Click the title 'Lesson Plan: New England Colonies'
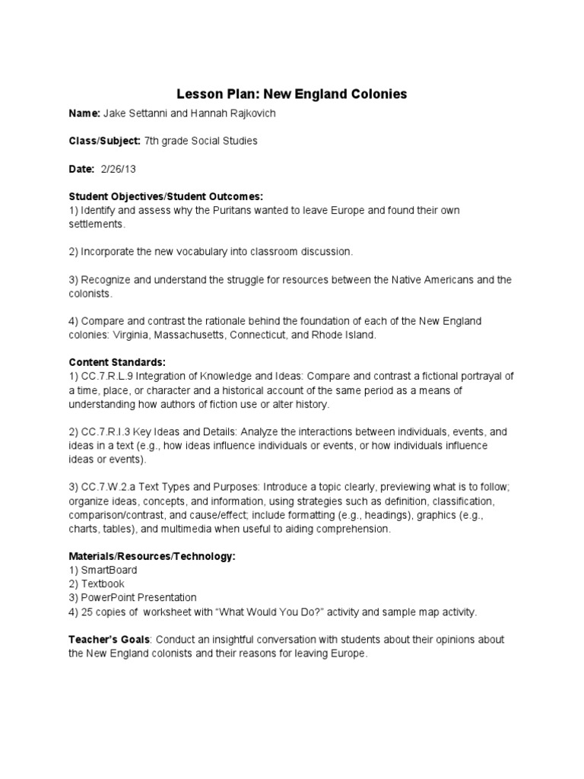point(292,94)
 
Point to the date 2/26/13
point(118,169)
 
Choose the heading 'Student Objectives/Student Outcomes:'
point(165,196)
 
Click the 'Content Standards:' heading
point(116,362)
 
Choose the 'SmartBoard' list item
point(109,570)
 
